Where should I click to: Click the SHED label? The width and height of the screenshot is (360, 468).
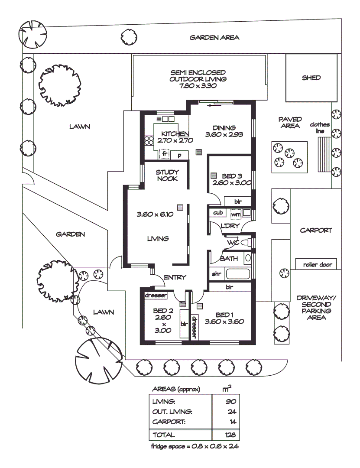coord(311,78)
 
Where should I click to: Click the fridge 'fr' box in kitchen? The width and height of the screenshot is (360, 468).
coord(164,154)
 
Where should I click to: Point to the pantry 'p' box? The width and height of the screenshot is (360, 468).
coord(179,155)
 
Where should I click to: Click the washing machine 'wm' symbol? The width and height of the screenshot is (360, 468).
coord(236,214)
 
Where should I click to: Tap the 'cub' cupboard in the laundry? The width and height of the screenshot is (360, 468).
coord(217,213)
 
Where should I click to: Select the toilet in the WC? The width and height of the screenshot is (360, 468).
coord(246,243)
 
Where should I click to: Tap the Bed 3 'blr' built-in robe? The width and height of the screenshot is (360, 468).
coord(237,201)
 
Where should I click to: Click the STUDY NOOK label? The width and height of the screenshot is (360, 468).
coord(167,175)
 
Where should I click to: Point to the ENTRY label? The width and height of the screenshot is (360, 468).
coord(175,278)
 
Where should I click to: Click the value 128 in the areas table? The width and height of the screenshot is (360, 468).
coord(229,435)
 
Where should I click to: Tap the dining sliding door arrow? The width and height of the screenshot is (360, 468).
coord(213,104)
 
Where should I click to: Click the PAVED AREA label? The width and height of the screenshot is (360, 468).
coord(290,123)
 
